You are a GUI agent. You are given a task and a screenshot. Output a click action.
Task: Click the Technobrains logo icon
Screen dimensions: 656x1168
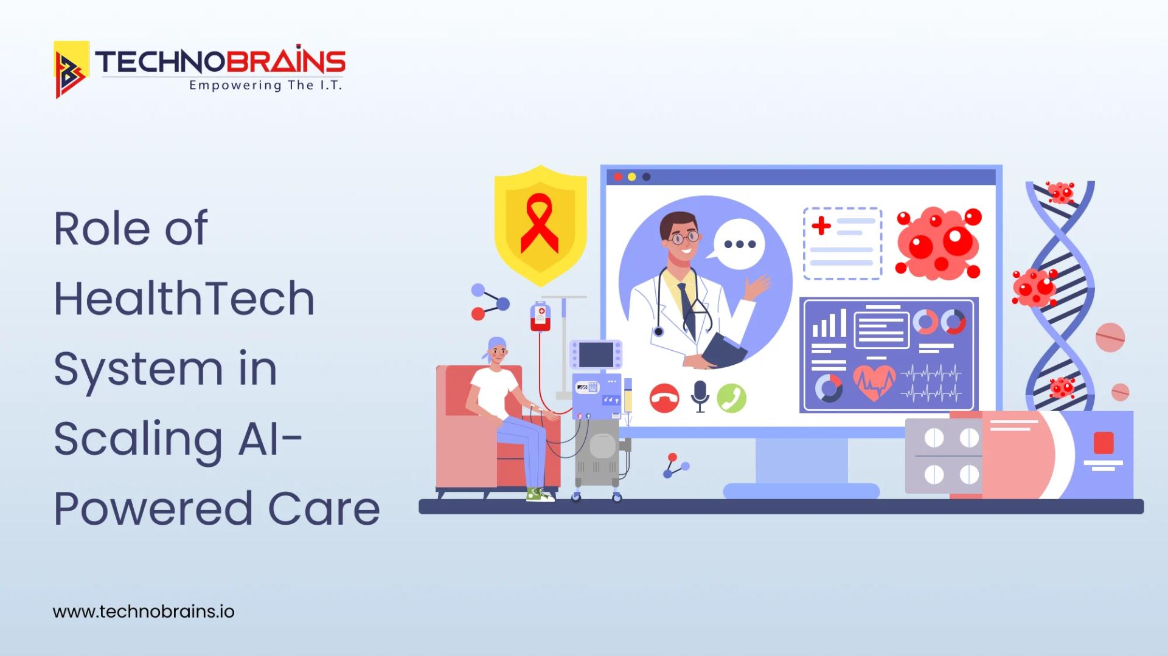coord(71,69)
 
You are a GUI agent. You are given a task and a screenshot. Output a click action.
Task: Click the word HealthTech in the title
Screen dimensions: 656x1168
coord(184,299)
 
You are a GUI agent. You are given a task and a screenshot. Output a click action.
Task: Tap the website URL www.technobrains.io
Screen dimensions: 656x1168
coord(144,611)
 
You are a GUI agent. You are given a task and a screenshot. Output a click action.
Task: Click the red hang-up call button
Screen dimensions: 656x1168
coord(664,399)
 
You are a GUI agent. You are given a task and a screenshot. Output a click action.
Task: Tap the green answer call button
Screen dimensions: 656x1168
coord(731,398)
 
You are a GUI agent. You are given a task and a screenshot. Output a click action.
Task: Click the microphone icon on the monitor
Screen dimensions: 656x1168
coord(700,396)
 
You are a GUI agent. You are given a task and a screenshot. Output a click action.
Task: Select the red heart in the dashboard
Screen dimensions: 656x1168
coord(874,382)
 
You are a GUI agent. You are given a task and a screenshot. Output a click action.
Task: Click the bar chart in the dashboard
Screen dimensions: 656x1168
coord(829,323)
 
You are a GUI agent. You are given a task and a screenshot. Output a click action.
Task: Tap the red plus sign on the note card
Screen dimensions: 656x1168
coord(821,226)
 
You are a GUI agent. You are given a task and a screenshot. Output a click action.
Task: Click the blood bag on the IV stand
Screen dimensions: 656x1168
coord(540,317)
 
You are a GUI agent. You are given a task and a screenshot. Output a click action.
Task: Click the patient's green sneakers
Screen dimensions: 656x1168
coord(540,495)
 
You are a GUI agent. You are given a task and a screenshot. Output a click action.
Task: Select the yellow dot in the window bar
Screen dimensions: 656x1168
coord(631,177)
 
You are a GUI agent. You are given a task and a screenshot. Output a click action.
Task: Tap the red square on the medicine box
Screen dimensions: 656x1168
coord(1104,443)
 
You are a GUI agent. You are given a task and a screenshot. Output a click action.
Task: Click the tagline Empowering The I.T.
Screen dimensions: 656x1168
coord(265,86)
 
